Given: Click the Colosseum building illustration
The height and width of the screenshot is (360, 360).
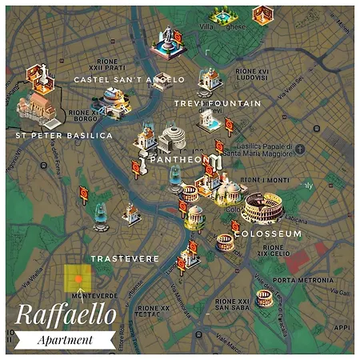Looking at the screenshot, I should [263, 208].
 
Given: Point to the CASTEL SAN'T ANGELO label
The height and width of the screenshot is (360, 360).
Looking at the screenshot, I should [129, 80].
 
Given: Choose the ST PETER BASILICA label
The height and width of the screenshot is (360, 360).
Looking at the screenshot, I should [64, 136].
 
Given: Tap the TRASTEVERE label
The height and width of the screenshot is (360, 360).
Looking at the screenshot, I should [125, 258].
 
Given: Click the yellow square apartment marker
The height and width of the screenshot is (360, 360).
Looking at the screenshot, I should [78, 278].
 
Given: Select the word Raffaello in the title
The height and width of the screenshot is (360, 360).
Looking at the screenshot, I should [66, 314].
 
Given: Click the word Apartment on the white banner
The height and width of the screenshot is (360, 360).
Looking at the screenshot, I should [66, 340].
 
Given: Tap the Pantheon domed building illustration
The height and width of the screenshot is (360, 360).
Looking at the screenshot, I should [172, 138].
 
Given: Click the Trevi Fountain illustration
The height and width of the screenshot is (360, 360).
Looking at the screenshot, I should [210, 120].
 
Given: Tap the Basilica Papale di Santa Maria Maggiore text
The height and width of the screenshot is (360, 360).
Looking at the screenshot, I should [255, 150].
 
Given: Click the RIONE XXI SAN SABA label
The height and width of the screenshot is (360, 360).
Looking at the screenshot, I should [232, 305].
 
